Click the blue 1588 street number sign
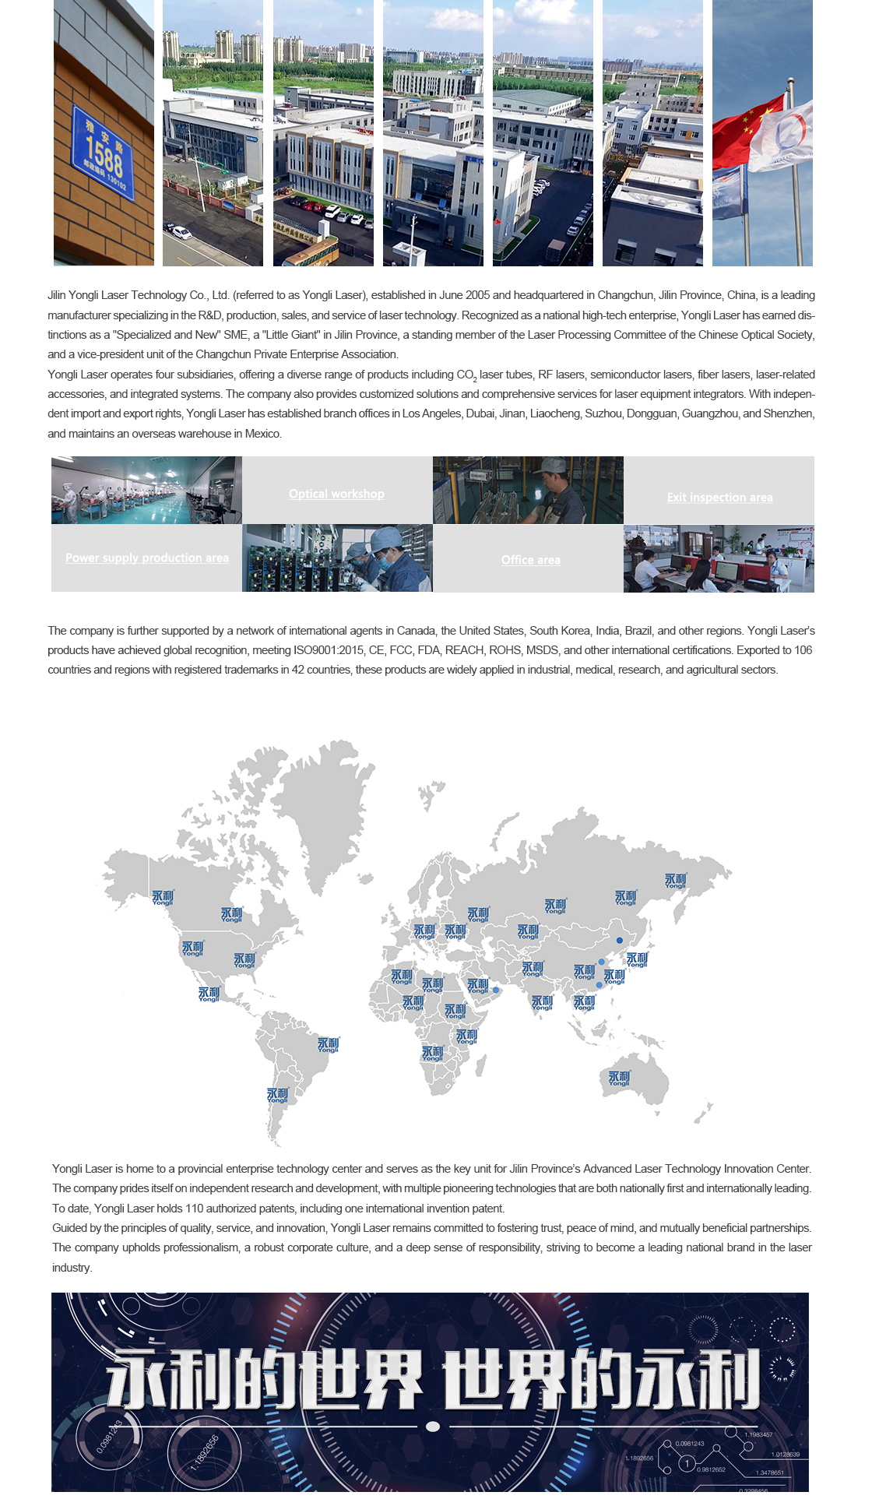pos(104,153)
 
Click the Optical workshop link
pos(336,494)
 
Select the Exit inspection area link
pos(719,497)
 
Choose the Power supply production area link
pos(147,558)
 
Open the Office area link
pos(530,560)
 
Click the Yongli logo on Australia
pos(619,1078)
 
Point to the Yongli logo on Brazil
pos(329,1044)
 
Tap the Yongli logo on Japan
pos(637,959)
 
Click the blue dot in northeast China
pos(620,940)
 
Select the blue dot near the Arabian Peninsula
pos(496,990)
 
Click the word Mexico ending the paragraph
pos(262,434)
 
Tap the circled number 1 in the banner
pos(687,1463)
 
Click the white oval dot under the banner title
pos(434,1426)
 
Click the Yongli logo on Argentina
pos(277,1095)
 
